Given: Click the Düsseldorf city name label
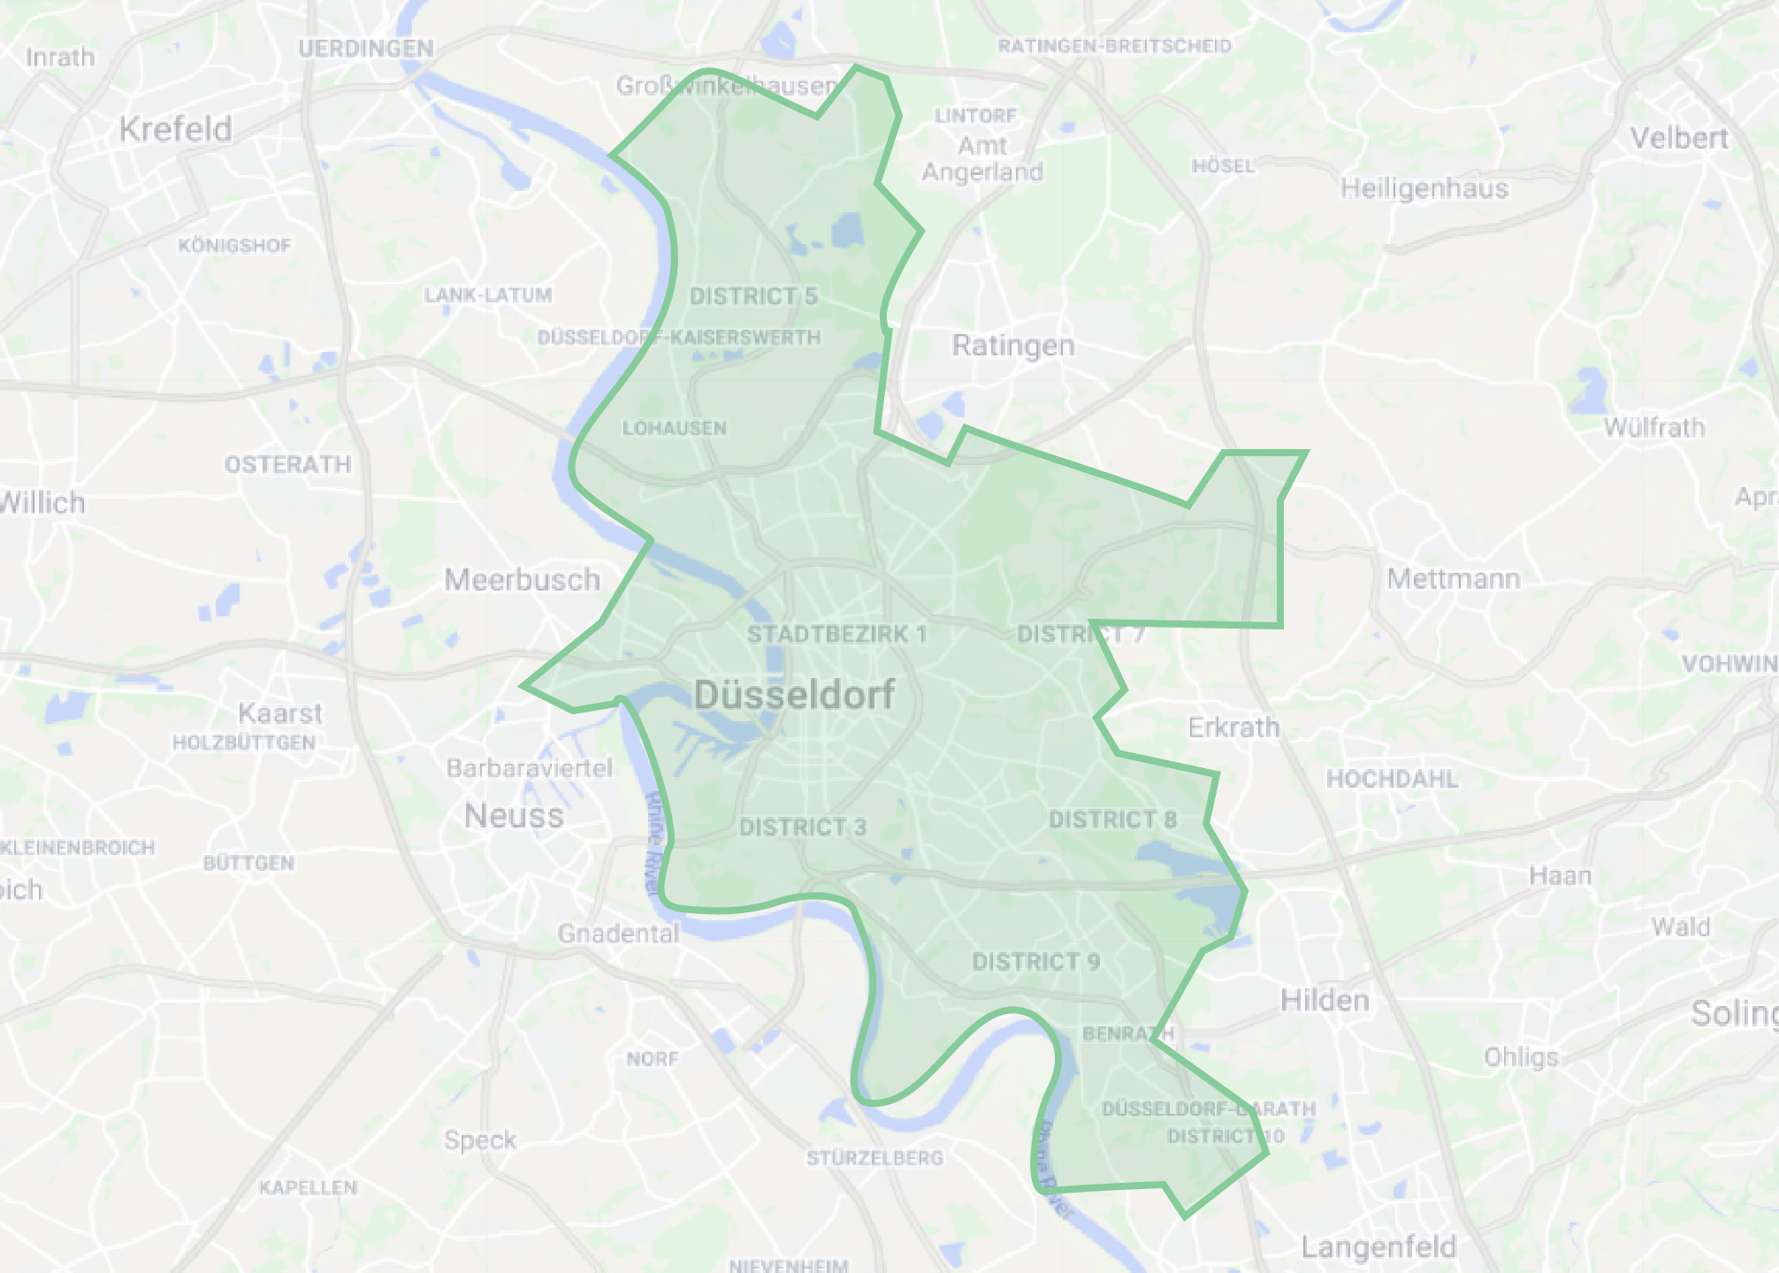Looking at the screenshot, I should click(x=794, y=695).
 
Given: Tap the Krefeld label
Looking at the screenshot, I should click(x=176, y=129).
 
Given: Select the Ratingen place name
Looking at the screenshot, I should click(x=1013, y=345).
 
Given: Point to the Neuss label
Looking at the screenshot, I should click(x=514, y=815).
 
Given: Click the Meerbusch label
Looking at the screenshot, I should click(x=522, y=580).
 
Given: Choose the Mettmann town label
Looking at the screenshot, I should click(x=1454, y=579).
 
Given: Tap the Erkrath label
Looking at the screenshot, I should click(x=1234, y=728).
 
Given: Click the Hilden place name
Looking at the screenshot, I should click(x=1325, y=1001).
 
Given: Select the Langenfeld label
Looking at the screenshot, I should click(x=1378, y=1247).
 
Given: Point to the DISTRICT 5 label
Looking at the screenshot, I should click(x=753, y=296).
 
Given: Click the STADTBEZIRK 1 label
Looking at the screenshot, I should click(x=836, y=634).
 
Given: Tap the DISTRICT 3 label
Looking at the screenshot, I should click(x=803, y=827).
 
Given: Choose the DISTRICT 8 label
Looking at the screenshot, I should click(x=1112, y=819).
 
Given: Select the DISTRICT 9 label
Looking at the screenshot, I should click(x=1035, y=962).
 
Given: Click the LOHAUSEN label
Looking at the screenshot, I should click(x=675, y=429).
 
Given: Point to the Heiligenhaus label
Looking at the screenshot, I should click(x=1424, y=188).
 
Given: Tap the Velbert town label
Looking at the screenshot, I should click(x=1679, y=138).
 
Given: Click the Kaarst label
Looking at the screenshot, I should click(x=280, y=713).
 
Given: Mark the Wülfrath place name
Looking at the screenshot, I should click(x=1654, y=428).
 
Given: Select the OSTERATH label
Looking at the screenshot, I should click(x=287, y=464).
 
